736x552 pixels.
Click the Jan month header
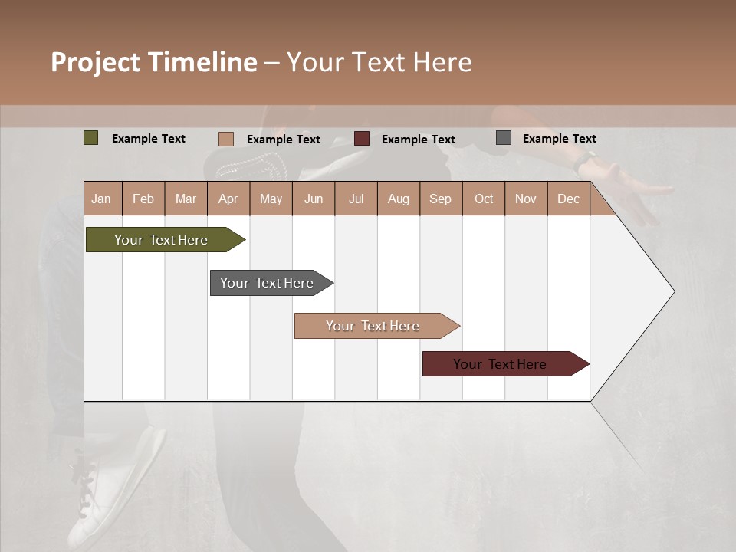(101, 199)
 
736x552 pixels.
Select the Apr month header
(228, 199)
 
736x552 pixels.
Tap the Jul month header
(356, 199)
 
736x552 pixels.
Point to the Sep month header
(440, 199)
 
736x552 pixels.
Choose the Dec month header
(568, 199)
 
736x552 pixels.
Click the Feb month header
(143, 199)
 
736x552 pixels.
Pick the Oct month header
(484, 199)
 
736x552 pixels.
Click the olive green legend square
(90, 138)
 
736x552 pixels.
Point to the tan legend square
(225, 139)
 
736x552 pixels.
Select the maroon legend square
(362, 138)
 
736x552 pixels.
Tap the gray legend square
(504, 138)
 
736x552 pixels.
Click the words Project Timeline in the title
(154, 62)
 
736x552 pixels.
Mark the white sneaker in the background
(115, 491)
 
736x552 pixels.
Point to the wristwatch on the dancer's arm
(586, 159)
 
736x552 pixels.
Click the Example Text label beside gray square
(559, 139)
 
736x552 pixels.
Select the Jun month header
(314, 199)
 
